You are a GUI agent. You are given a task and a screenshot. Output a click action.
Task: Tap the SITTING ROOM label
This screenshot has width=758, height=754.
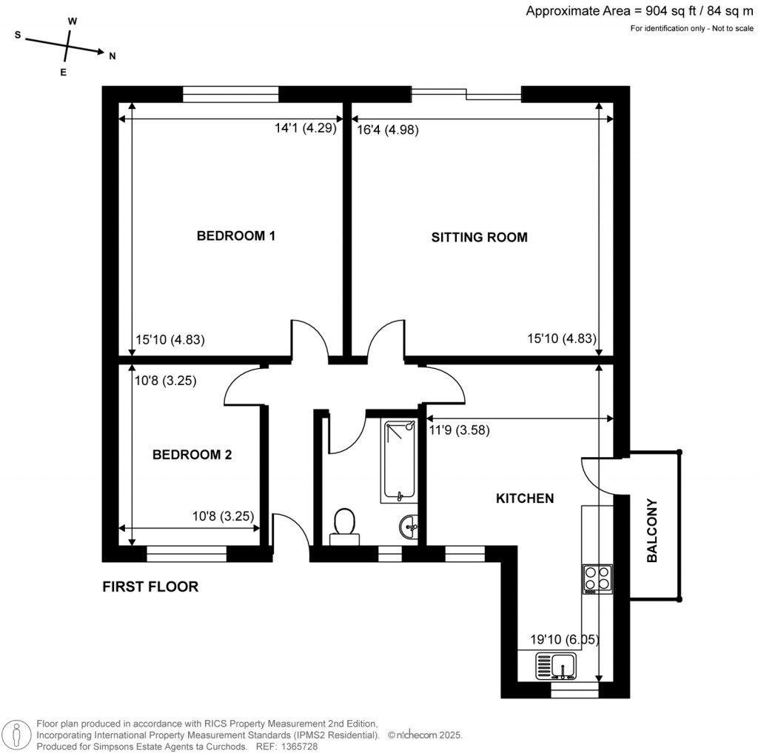(x=479, y=238)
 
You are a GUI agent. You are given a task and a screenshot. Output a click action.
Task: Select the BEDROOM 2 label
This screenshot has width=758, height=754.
(x=192, y=455)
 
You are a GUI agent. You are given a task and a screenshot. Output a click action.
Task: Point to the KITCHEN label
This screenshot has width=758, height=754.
(x=524, y=499)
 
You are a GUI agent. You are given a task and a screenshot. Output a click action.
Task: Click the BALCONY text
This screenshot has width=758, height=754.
(x=652, y=531)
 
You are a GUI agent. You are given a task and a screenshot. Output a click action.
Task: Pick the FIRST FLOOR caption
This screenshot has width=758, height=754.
(x=150, y=587)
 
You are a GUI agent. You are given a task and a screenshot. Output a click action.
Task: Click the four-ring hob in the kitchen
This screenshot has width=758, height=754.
(x=597, y=578)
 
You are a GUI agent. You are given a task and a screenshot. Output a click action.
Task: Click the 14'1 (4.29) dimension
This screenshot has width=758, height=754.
(x=306, y=128)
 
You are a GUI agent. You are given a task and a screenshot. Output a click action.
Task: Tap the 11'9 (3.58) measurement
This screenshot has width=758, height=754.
(x=459, y=429)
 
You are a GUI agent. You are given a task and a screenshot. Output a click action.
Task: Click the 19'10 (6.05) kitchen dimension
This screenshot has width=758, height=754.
(x=565, y=639)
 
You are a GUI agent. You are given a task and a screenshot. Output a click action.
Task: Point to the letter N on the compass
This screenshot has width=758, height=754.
(x=112, y=56)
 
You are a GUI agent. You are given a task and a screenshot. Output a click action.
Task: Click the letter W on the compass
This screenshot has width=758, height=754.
(x=73, y=21)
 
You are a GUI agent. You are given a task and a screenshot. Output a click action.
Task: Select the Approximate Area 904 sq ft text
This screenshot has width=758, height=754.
(x=640, y=11)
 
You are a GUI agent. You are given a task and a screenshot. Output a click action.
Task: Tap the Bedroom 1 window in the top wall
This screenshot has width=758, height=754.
(x=230, y=94)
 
